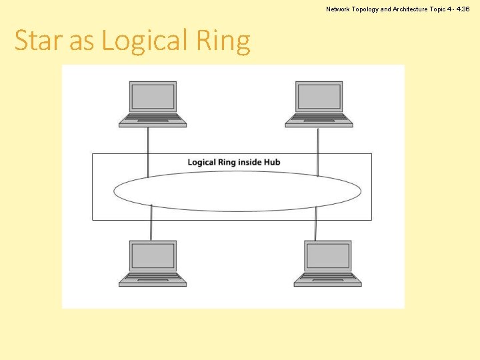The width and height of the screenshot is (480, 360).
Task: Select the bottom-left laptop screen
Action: [x=153, y=257]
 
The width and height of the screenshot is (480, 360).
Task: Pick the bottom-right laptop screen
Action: [x=327, y=257]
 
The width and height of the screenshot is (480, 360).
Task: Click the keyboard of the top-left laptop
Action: [x=153, y=119]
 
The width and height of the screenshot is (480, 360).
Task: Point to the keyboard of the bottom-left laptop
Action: [x=153, y=279]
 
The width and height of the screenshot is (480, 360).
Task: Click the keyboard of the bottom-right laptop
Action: [x=327, y=279]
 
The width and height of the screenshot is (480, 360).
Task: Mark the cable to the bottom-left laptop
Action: [x=151, y=225]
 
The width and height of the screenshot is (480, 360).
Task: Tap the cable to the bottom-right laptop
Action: [x=315, y=225]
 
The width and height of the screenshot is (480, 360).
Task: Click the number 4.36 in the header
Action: [x=465, y=9]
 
